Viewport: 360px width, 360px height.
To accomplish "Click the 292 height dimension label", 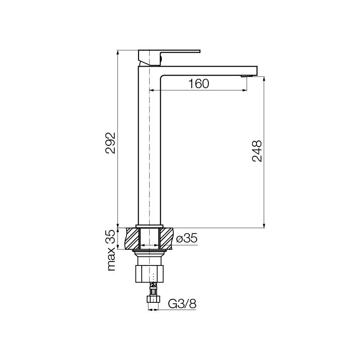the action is [x=110, y=143].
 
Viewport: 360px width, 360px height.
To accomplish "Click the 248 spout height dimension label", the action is [x=257, y=151].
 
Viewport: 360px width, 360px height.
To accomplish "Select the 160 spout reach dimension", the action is [x=199, y=84].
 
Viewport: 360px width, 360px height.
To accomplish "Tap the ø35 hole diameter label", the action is [x=187, y=238].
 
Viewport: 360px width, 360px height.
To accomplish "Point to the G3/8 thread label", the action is [x=182, y=304].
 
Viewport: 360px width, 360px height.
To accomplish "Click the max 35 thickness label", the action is [x=111, y=250].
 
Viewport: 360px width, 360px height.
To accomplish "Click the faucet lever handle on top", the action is [x=169, y=58].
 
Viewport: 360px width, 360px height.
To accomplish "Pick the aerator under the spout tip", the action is [x=247, y=76].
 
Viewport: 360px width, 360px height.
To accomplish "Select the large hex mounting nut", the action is [x=149, y=274].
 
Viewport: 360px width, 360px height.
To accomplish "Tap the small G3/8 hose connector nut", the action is [x=153, y=299].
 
